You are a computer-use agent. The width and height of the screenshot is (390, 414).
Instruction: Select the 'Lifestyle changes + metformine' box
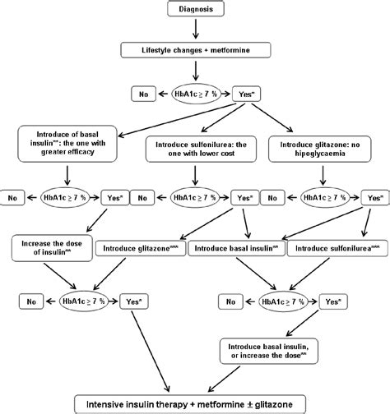195,51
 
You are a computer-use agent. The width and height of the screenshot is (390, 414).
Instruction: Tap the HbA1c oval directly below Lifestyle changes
195,93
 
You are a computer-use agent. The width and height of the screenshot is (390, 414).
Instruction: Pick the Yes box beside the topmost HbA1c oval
246,93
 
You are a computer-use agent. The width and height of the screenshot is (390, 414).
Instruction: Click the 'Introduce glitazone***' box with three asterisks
141,247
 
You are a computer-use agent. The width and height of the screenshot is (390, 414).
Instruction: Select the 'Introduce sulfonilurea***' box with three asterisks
335,247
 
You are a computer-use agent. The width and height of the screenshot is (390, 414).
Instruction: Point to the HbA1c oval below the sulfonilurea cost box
194,198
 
